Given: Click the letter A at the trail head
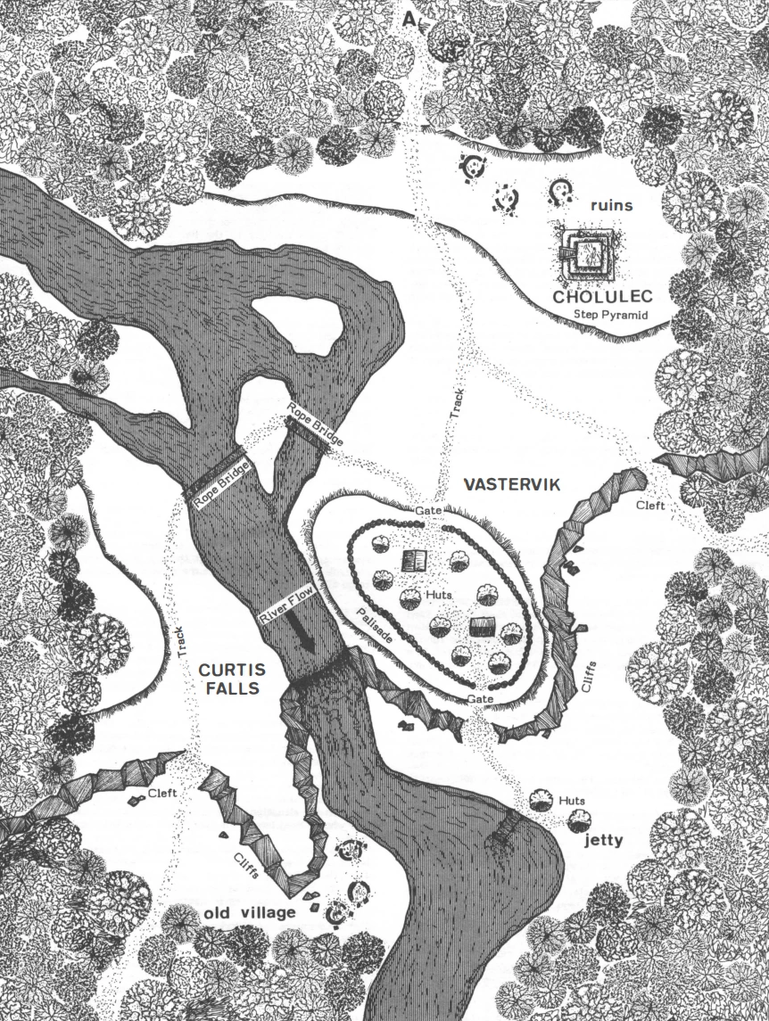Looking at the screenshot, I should (409, 19).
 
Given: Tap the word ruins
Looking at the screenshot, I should (611, 206).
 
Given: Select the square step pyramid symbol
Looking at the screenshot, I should (584, 254).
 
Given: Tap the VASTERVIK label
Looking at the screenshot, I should (510, 484).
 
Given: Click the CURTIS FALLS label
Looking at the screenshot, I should (230, 679).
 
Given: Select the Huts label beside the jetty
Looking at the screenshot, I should (572, 801).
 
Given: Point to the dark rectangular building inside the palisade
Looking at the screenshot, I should (482, 626).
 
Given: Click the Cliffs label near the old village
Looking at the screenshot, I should (248, 860).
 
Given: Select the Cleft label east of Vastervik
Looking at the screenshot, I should (652, 505).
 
